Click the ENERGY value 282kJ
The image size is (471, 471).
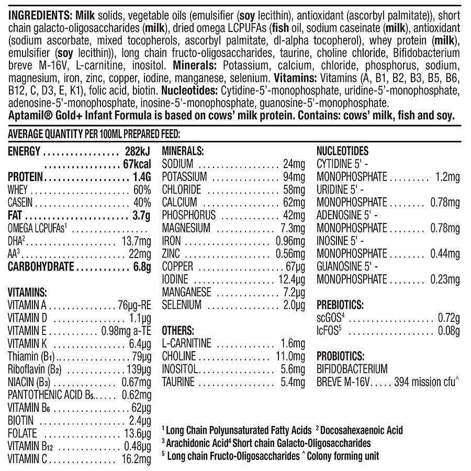pos(138,152)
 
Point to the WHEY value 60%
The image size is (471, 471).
pos(142,190)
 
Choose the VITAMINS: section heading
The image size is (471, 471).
pos(27,293)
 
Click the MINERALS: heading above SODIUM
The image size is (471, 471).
pos(183,151)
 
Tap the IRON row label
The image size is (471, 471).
pos(172,241)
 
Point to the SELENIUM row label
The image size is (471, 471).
pos(182,305)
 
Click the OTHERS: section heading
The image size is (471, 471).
pos(178,330)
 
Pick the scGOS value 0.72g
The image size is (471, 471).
pos(448,318)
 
